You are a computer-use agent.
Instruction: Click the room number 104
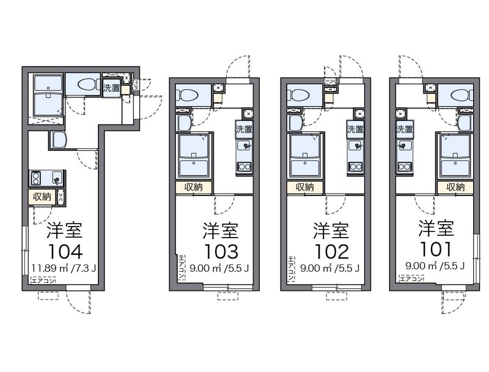tap(65, 252)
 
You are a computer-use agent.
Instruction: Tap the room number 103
tap(221, 252)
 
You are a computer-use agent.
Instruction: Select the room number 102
tap(331, 252)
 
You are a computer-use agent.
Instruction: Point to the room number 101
tap(436, 249)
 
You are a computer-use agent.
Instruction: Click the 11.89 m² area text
tap(50, 268)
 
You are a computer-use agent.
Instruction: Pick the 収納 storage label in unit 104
tap(42, 197)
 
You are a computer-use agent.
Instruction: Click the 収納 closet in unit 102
tap(304, 187)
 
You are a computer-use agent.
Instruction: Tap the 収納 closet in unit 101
tap(455, 187)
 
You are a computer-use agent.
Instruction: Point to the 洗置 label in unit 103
tap(244, 129)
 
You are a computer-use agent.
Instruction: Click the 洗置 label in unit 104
tap(112, 87)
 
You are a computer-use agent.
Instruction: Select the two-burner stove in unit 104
tap(36, 178)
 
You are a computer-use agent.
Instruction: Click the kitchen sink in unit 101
tap(404, 145)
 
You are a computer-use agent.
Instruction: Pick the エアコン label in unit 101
tap(411, 279)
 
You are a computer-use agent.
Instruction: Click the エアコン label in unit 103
tap(182, 267)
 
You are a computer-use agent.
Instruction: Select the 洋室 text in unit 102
tap(331, 231)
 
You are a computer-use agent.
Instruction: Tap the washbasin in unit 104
tap(59, 140)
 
